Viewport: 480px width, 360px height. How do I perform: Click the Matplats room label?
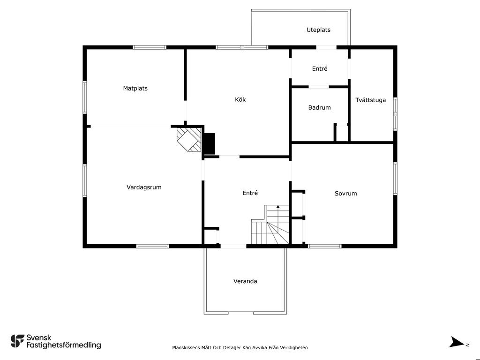135,89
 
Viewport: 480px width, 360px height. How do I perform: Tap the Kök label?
240,99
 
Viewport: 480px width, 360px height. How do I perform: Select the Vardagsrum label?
144,187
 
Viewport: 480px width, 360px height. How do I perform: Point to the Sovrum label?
345,194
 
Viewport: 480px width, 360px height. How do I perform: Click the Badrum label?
319,107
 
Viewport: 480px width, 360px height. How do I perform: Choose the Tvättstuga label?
370,100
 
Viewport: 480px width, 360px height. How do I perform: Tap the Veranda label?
245,281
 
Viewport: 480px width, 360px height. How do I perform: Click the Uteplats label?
318,30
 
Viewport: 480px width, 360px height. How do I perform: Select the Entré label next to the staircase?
250,193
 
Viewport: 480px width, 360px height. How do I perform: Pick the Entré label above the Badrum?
320,68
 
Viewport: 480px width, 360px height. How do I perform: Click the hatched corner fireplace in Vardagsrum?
189,139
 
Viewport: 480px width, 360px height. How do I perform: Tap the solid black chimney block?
210,143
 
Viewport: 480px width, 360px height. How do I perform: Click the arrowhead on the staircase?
278,207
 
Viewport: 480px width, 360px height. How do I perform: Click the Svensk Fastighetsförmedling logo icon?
17,341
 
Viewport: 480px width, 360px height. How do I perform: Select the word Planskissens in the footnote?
187,348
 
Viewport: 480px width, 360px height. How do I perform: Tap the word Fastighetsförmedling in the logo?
64,345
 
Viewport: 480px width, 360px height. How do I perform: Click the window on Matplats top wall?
150,47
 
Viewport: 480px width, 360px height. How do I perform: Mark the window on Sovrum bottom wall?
325,246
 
